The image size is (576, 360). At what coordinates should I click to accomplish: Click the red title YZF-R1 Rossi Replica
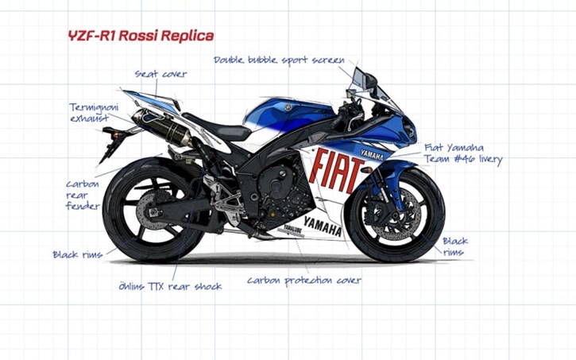click(141, 36)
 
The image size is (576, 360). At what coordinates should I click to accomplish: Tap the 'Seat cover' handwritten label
click(161, 74)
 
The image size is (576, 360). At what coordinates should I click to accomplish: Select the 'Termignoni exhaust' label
click(94, 113)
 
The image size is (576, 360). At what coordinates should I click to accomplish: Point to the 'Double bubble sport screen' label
click(279, 60)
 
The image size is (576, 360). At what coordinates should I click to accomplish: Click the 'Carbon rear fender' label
click(83, 195)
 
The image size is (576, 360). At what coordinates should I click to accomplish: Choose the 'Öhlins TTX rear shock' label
click(170, 286)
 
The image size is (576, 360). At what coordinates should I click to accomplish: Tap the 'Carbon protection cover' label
click(304, 281)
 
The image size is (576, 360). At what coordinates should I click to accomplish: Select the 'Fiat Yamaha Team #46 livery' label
click(463, 153)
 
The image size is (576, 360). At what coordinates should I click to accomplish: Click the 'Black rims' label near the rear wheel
click(78, 254)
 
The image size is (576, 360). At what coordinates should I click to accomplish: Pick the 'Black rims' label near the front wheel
click(455, 246)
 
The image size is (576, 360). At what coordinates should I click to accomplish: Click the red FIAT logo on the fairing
click(336, 171)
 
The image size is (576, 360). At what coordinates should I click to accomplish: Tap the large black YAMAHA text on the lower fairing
click(323, 226)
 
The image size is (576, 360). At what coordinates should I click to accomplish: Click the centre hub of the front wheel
click(396, 215)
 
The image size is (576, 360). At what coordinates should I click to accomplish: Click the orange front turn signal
click(366, 169)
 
